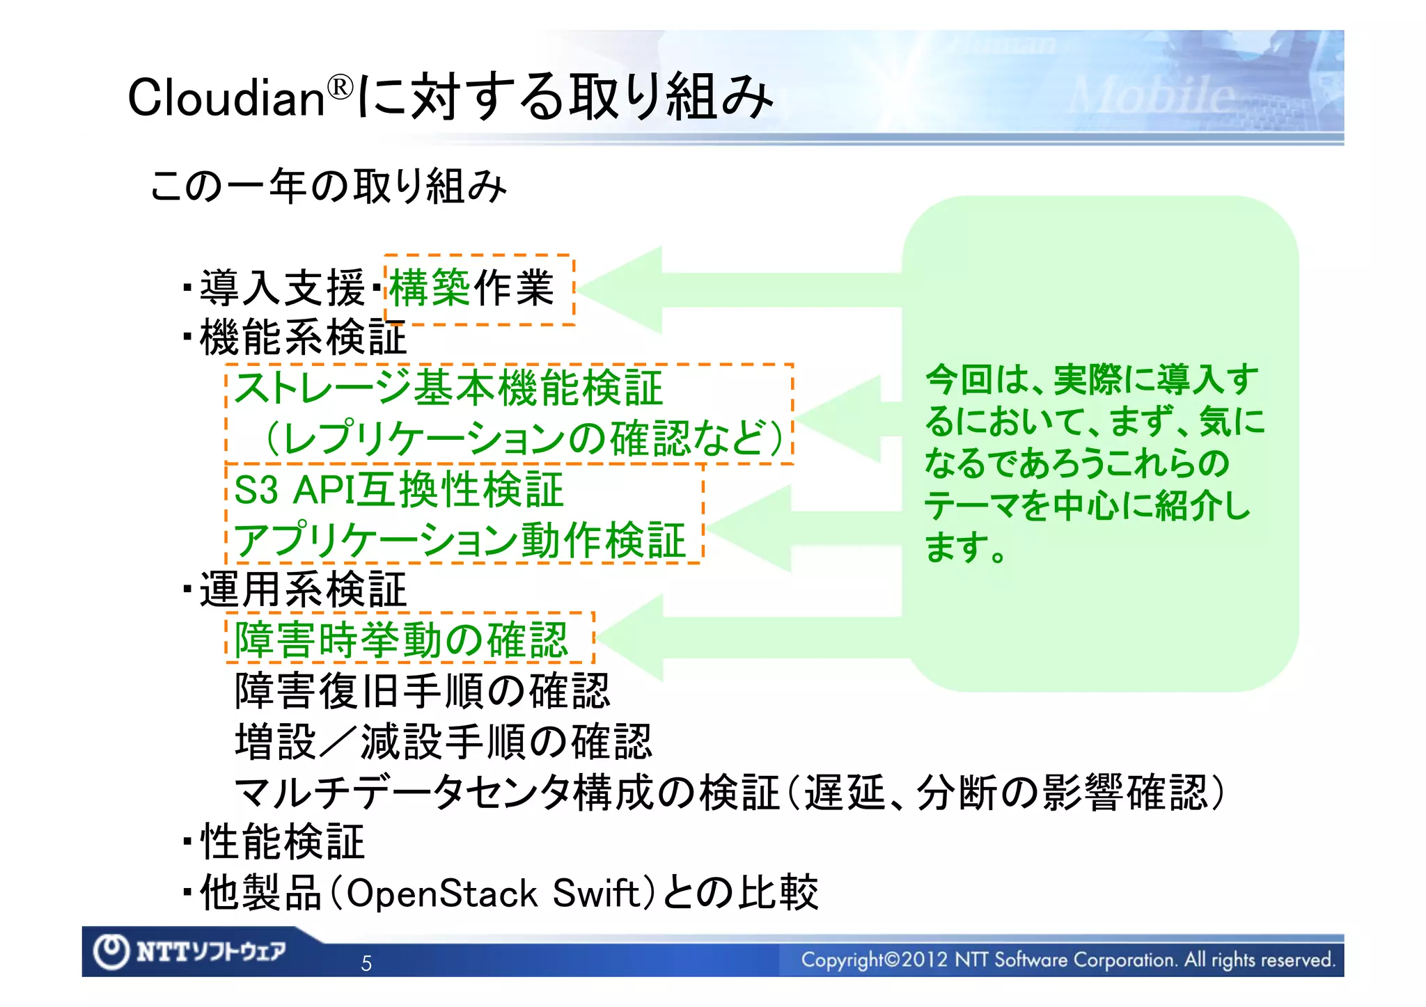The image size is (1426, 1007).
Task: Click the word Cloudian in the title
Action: (226, 97)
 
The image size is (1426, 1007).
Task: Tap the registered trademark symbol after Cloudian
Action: (340, 88)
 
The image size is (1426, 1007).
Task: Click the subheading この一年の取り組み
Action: (328, 187)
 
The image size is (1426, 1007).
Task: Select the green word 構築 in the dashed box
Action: (430, 288)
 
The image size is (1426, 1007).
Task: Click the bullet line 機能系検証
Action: (303, 338)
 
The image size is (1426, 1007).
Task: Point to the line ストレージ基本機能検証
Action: (448, 388)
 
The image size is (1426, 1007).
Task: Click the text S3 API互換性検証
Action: (398, 489)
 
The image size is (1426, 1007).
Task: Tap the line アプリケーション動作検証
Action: (460, 540)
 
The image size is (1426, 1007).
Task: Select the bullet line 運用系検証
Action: (303, 590)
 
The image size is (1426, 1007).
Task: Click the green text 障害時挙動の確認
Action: (402, 640)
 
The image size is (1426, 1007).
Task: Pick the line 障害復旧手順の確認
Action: (422, 691)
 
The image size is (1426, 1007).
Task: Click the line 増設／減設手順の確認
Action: (444, 741)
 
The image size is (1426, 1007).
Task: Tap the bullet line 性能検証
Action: (282, 842)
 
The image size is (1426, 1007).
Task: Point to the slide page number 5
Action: (366, 963)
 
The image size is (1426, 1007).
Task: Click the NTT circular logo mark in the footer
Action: (111, 951)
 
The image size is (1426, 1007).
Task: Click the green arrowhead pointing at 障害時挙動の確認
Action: (630, 637)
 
